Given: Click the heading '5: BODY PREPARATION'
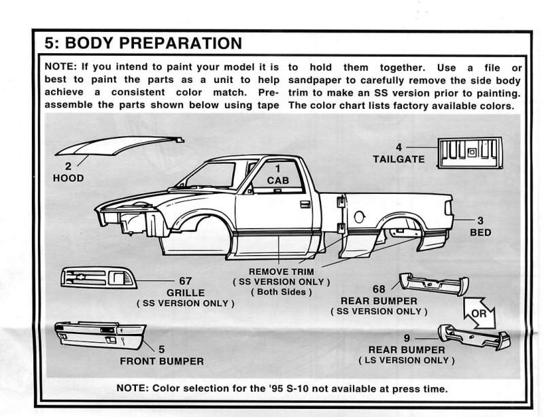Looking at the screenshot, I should click(x=143, y=44).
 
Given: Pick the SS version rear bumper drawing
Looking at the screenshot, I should click(x=432, y=283).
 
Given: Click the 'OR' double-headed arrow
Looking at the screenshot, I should click(x=479, y=314).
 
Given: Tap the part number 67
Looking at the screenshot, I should click(x=186, y=280).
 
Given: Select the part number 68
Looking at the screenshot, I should click(x=379, y=288).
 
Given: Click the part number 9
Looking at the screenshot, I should click(x=406, y=337).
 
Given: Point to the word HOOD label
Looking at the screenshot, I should click(x=68, y=178).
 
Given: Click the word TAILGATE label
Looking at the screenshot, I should click(x=398, y=159).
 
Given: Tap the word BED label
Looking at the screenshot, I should click(x=480, y=232).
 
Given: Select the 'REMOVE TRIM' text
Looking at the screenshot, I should click(x=281, y=271).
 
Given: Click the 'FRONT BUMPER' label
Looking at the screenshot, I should click(x=161, y=361).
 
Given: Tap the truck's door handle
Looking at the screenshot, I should click(x=305, y=204).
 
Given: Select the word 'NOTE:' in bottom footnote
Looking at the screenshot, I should click(x=133, y=389).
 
